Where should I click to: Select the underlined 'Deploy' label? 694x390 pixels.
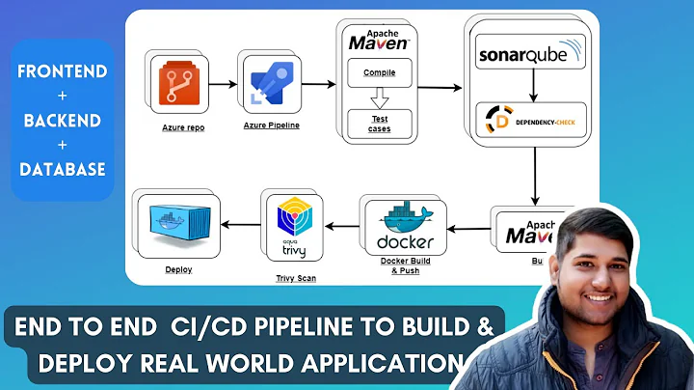tap(179, 269)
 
